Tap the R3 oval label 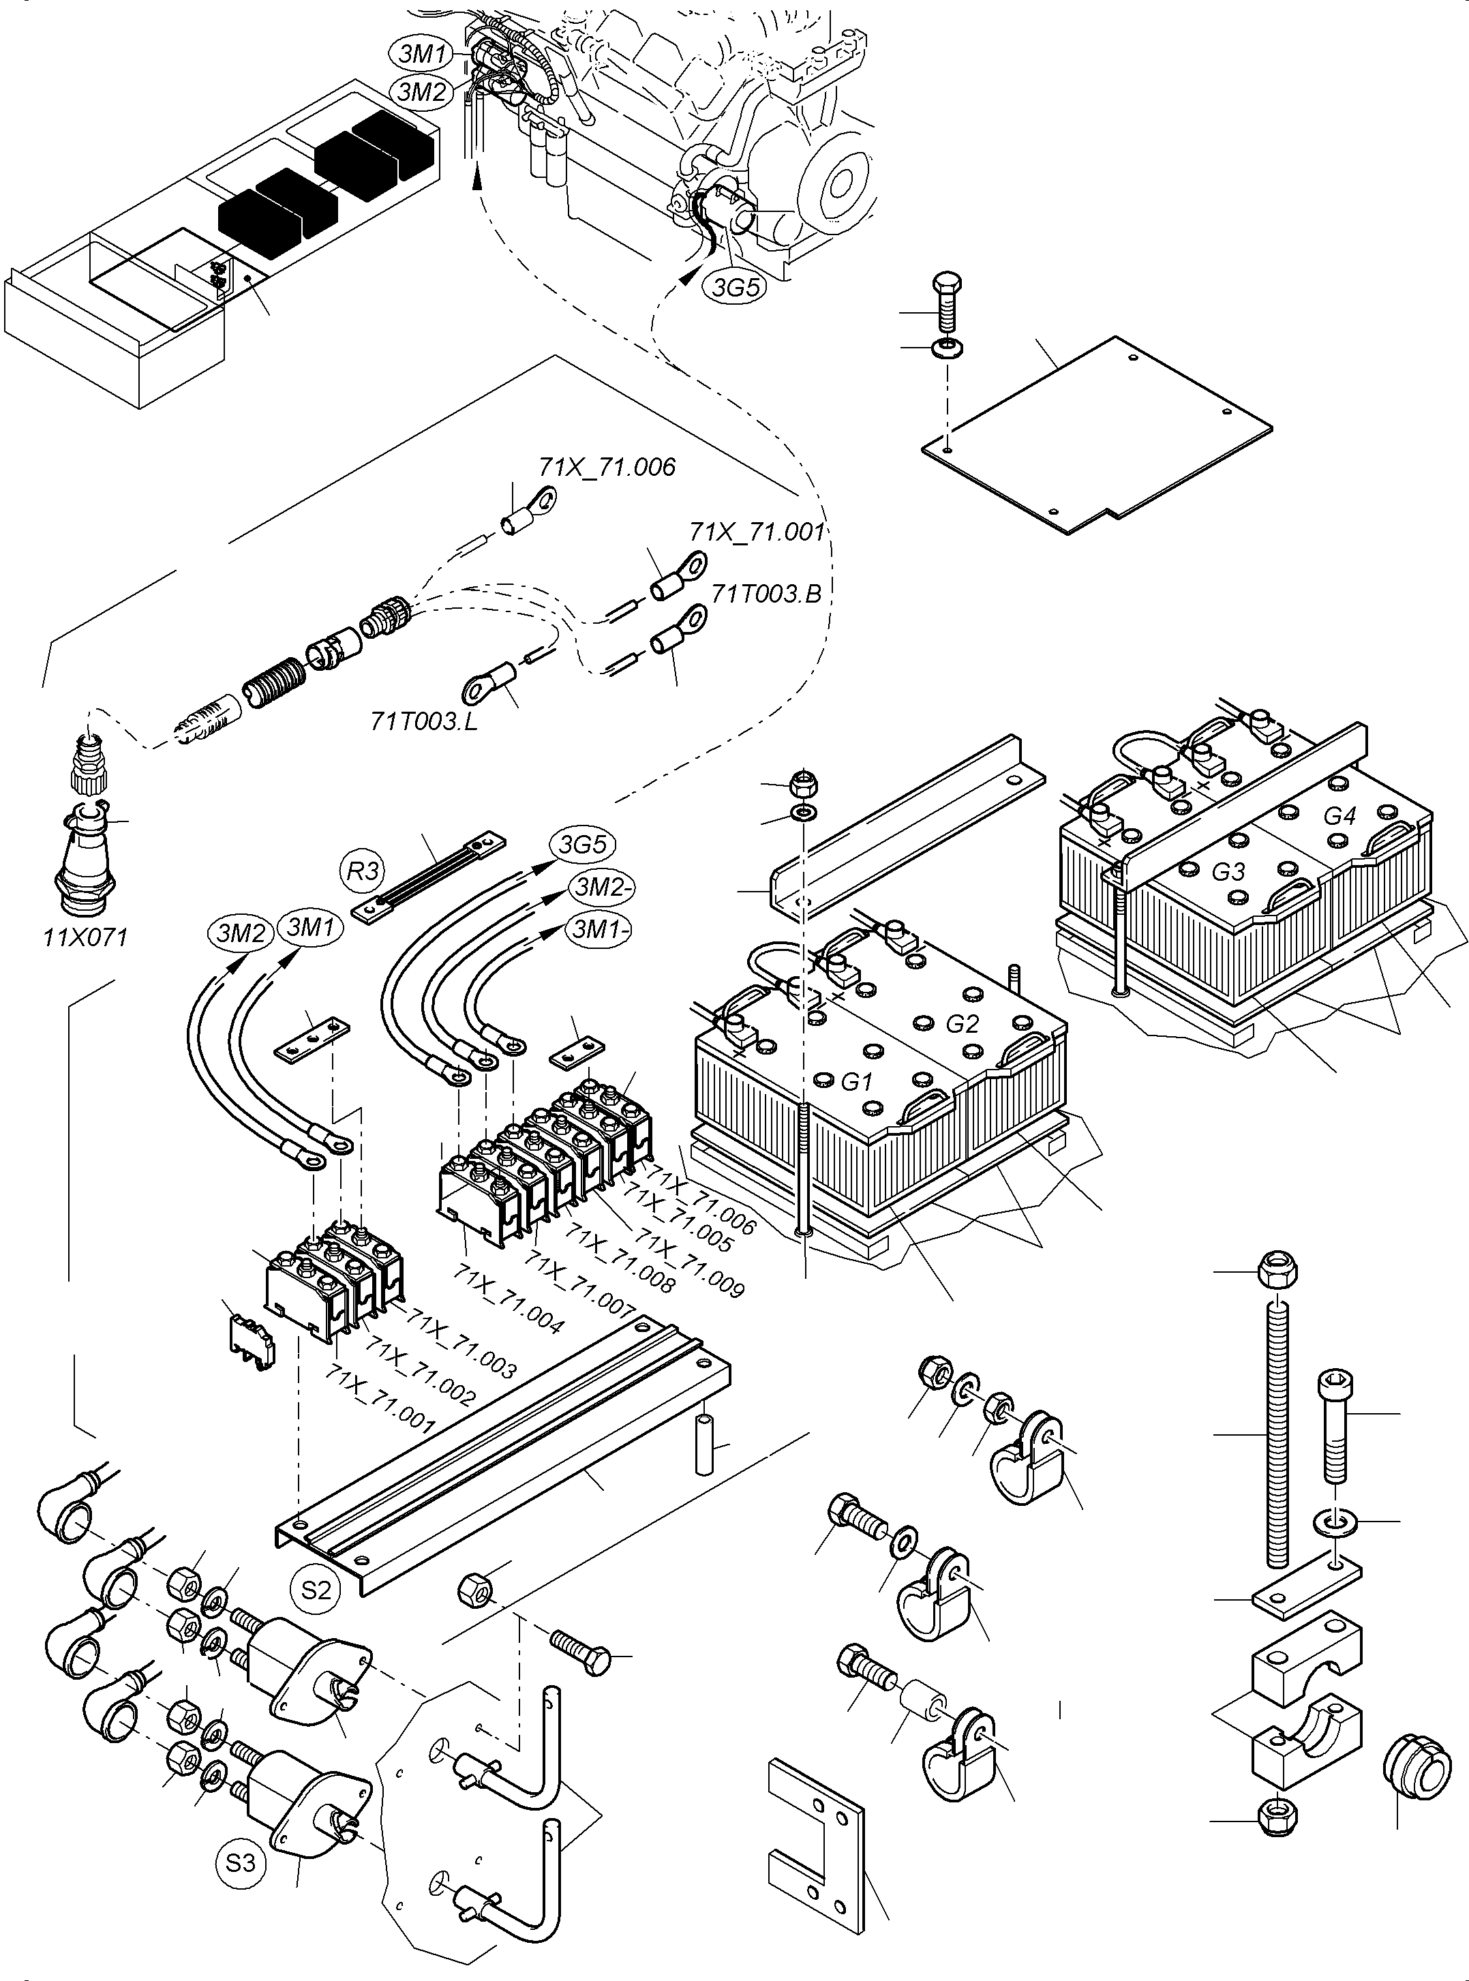click(363, 871)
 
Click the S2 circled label click(316, 1589)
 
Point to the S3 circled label click(240, 1863)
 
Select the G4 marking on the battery click(1339, 815)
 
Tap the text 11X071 click(85, 937)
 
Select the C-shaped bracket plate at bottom click(814, 1832)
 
